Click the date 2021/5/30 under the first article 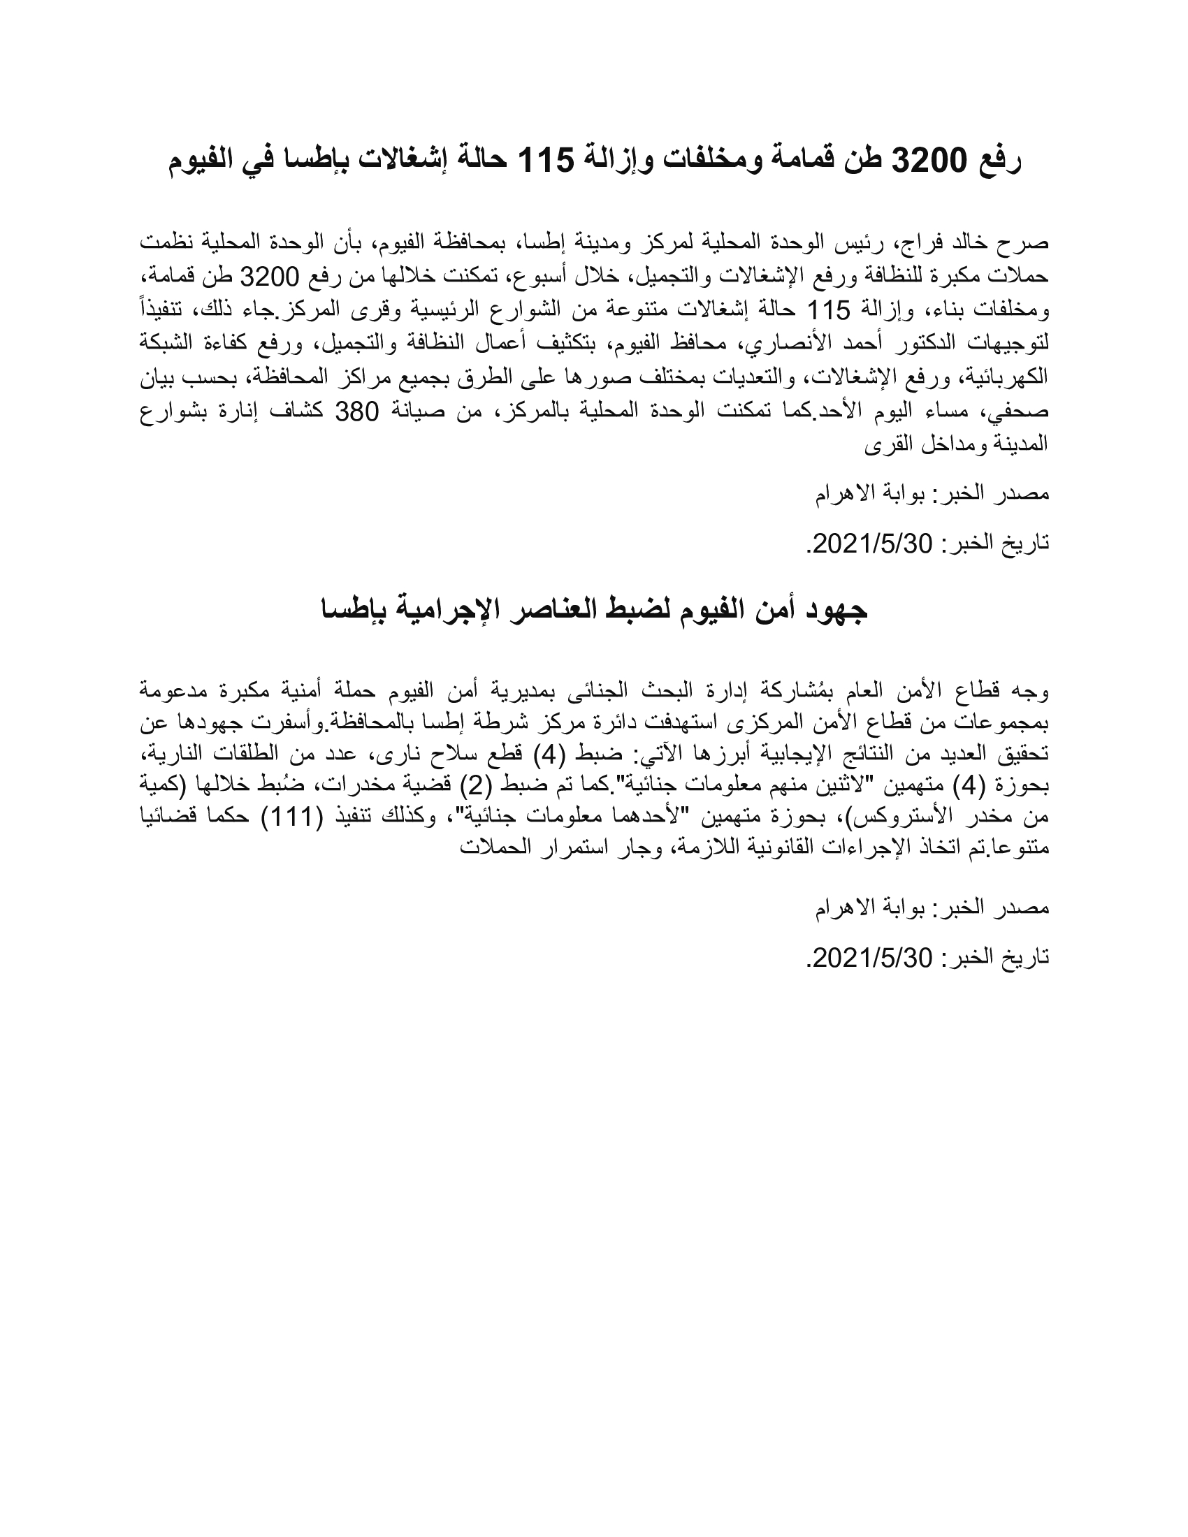click(x=873, y=543)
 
